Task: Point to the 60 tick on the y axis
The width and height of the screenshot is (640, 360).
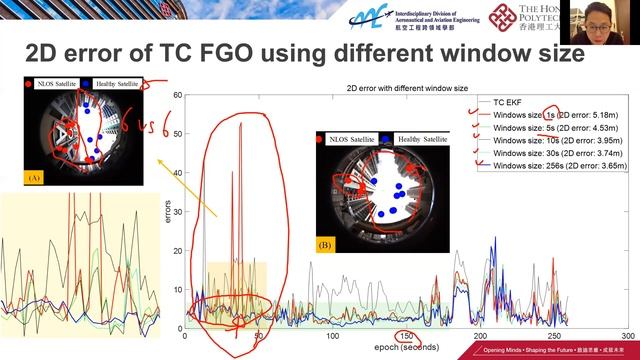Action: [177, 96]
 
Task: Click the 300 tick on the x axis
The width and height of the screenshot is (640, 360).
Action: [627, 337]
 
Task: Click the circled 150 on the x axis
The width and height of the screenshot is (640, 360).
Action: [406, 337]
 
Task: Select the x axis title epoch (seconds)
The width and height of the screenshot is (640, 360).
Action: [406, 347]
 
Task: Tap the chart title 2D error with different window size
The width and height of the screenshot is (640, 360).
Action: [405, 87]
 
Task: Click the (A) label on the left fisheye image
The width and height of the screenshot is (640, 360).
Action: [35, 179]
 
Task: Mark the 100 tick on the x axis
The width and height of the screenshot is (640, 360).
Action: [332, 337]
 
